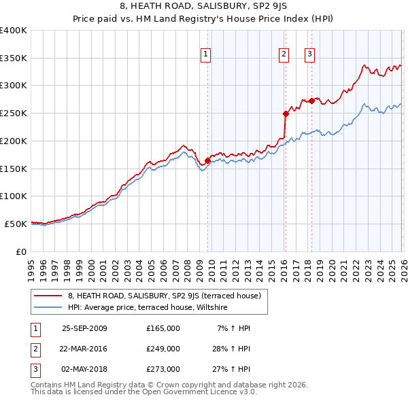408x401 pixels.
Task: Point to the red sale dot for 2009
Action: coord(207,160)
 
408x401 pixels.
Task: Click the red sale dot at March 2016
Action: coord(286,114)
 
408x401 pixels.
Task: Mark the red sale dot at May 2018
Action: coord(311,101)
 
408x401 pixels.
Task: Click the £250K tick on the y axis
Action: coord(14,114)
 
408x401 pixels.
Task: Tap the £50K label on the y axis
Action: coord(16,224)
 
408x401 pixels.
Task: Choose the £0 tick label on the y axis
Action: coord(21,251)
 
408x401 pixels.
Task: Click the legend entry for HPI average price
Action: coord(147,308)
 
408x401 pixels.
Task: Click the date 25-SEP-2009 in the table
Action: coord(84,328)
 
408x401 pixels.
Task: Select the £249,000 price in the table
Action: coord(163,349)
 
